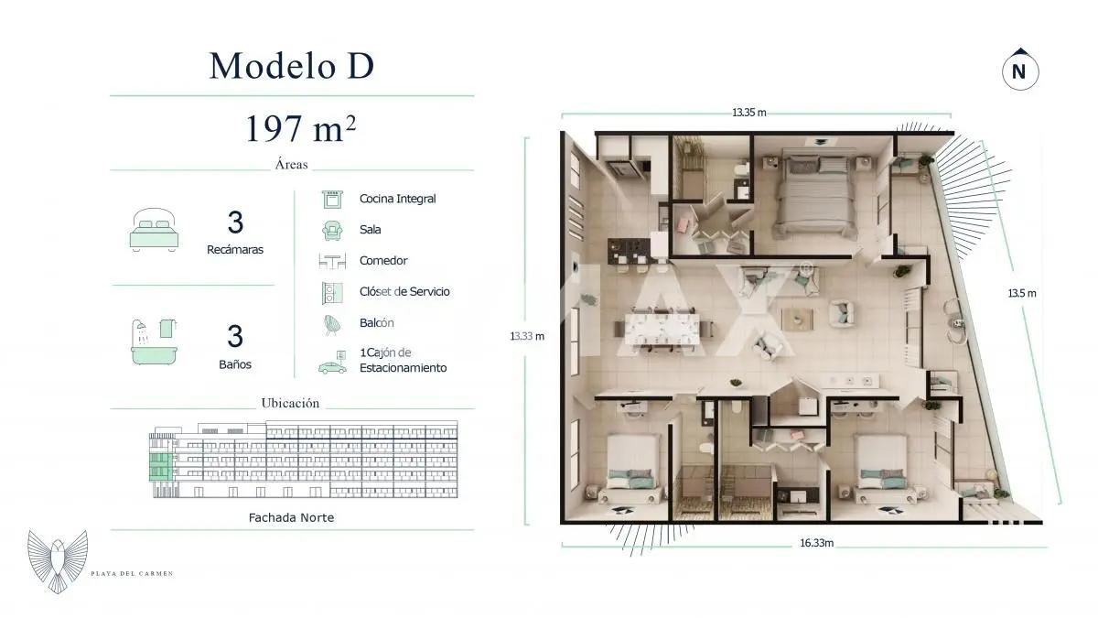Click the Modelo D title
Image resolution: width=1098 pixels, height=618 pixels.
(291, 66)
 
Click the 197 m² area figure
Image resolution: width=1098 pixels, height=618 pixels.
(299, 129)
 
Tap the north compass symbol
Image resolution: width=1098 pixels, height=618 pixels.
(1018, 70)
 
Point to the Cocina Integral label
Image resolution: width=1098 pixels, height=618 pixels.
(397, 199)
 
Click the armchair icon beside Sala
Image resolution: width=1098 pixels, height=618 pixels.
(331, 230)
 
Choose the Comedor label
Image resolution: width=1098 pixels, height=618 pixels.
(382, 261)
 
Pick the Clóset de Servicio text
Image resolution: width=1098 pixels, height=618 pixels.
(404, 292)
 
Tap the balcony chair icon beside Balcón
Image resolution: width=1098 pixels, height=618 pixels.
(331, 323)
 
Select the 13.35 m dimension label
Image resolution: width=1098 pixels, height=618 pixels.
(748, 113)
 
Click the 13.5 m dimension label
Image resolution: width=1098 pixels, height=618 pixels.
(1021, 293)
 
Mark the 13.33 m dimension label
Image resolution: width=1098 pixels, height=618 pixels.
(527, 336)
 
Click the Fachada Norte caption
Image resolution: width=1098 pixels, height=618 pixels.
(291, 517)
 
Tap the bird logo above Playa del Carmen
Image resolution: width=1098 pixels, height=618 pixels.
(58, 559)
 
